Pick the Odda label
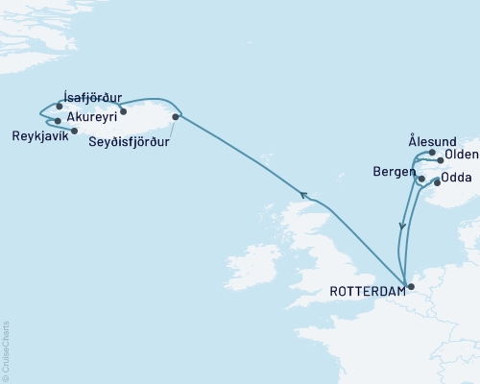point(458,177)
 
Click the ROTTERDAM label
point(365,288)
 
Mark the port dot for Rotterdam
point(410,286)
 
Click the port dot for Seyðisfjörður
point(175,117)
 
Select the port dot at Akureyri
point(123,111)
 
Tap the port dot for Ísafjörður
point(60,107)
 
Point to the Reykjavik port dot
point(58,121)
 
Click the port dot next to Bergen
point(420,179)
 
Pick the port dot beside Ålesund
point(433,153)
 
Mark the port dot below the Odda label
point(438,181)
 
